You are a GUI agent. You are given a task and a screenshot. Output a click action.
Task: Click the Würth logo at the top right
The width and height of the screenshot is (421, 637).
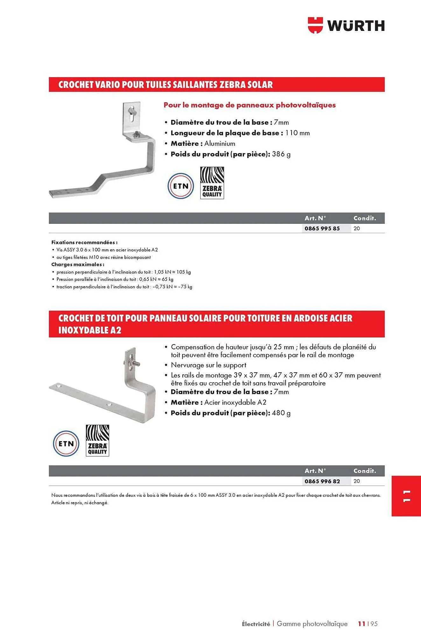coord(346,25)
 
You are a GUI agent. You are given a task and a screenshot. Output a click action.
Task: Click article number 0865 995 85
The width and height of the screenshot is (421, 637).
coord(322,228)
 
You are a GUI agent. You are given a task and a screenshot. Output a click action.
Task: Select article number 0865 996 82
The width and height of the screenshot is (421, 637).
coord(322,481)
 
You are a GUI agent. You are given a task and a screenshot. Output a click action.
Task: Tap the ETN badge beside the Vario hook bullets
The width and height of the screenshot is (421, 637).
coord(181,186)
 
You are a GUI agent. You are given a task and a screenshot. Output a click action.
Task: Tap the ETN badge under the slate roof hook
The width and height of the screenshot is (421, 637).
coord(66,444)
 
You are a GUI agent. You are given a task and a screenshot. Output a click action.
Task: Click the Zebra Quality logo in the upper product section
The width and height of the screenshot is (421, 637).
coord(212,183)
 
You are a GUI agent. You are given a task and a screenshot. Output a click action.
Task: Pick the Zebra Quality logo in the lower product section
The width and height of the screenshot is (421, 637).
coord(97,440)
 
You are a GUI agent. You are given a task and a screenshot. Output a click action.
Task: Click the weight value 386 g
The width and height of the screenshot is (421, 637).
coord(281,154)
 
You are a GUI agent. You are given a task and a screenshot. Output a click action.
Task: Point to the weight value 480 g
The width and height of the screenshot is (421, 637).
coord(281,413)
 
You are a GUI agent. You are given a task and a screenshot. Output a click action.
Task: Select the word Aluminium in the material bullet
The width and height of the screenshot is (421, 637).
coord(220,144)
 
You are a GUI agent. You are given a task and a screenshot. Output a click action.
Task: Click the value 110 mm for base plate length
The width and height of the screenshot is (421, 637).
coord(297,133)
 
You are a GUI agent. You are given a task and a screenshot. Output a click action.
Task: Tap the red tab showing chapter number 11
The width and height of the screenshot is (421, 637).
coord(406,496)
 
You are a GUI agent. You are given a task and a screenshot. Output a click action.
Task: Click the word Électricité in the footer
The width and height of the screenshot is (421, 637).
coord(256,624)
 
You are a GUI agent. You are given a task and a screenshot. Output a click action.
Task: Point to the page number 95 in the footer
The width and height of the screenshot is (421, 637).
coord(374,624)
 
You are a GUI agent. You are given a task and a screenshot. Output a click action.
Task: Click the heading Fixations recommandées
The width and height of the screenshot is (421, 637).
coord(84,242)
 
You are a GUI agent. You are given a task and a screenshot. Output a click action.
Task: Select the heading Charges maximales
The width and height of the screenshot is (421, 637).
coord(78,264)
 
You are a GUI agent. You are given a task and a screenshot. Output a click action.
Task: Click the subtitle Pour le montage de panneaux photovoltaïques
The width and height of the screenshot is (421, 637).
coord(249,105)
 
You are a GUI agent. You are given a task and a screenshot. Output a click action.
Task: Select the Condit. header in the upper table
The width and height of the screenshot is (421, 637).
coord(364,218)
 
